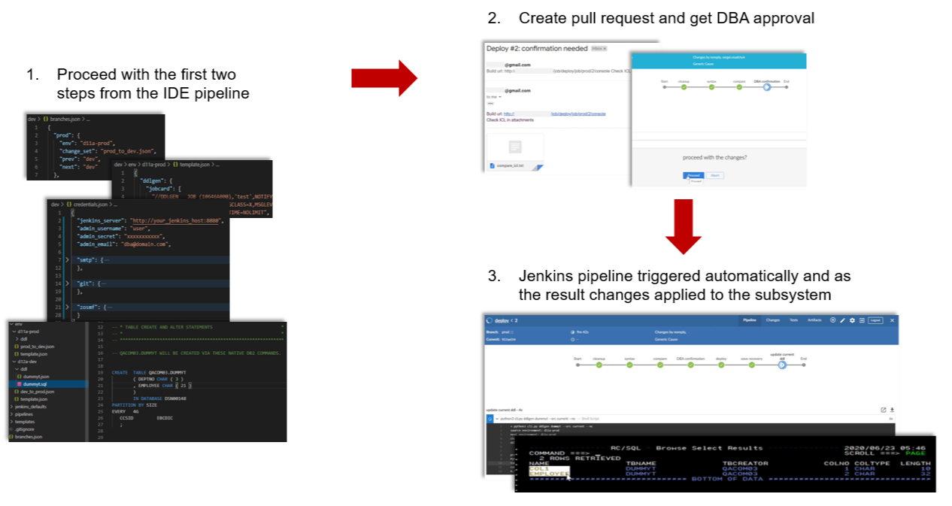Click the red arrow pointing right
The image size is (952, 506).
[384, 78]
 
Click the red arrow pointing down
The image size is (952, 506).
[683, 226]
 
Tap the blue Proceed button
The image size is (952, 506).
[694, 175]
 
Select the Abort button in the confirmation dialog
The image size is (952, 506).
[715, 175]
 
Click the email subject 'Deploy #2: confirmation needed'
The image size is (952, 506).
[537, 48]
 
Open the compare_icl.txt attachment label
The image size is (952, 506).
[509, 165]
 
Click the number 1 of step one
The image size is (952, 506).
[31, 74]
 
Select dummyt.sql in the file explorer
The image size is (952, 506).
[36, 383]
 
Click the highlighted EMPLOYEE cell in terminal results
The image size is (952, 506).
[547, 474]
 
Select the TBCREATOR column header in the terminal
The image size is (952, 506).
[745, 463]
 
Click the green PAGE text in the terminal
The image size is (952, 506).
[915, 453]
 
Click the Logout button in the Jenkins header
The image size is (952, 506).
[875, 320]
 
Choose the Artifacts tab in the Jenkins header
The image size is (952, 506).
[814, 320]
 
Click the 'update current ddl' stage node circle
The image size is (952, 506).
[782, 365]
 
